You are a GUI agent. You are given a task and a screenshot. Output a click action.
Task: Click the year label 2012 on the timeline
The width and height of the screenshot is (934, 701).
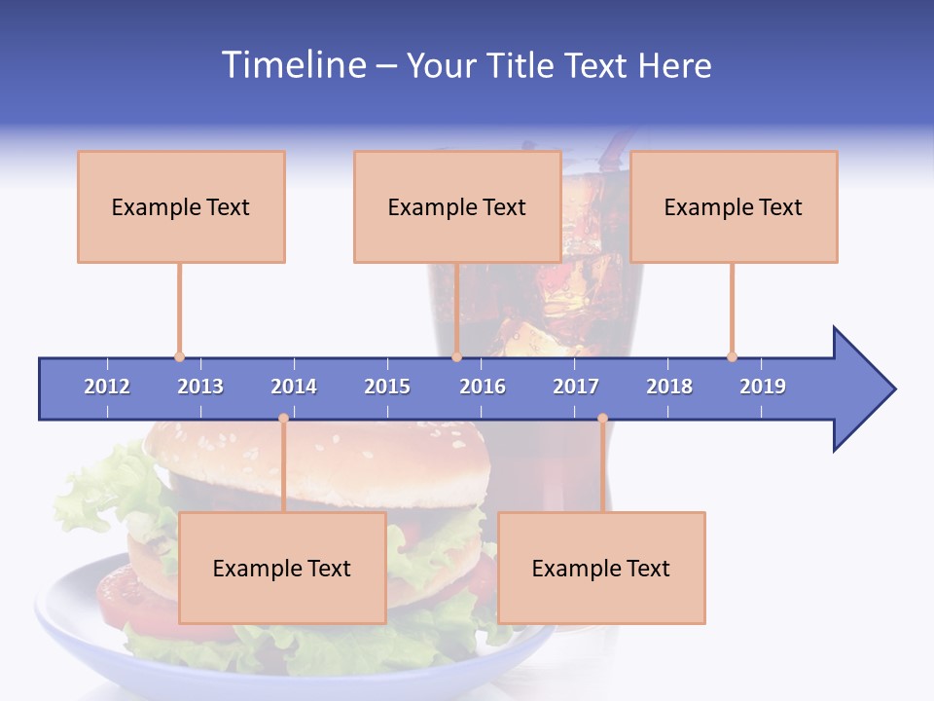107,387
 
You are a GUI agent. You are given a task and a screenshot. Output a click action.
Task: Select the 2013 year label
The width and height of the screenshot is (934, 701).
200,387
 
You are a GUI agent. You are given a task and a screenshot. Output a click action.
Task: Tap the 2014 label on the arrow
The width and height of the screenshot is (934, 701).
294,387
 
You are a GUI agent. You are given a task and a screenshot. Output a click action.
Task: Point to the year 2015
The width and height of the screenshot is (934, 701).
387,387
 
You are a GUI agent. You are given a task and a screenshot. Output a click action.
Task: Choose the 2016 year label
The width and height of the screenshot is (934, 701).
483,387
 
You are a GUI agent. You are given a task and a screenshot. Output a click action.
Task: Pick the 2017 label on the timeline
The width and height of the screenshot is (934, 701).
576,387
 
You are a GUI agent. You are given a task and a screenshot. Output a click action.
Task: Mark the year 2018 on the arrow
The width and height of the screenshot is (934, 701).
669,387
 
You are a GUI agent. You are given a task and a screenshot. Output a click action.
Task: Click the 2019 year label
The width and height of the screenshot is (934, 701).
763,387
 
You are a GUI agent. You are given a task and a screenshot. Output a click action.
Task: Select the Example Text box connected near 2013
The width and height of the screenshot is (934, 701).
181,206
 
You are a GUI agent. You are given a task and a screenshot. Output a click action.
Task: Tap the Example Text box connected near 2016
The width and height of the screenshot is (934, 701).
457,206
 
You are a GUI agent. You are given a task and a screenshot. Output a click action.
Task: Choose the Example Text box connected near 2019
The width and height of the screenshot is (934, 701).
734,206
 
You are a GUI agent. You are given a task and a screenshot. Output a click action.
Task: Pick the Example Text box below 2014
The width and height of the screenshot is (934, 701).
282,568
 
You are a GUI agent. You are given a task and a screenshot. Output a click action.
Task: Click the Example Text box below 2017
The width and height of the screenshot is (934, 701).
601,568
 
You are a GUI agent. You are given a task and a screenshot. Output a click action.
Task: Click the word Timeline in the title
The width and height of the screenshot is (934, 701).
291,65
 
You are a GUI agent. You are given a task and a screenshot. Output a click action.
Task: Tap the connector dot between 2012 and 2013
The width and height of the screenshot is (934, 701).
179,356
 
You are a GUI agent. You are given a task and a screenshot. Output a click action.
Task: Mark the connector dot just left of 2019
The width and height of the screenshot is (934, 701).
732,356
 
